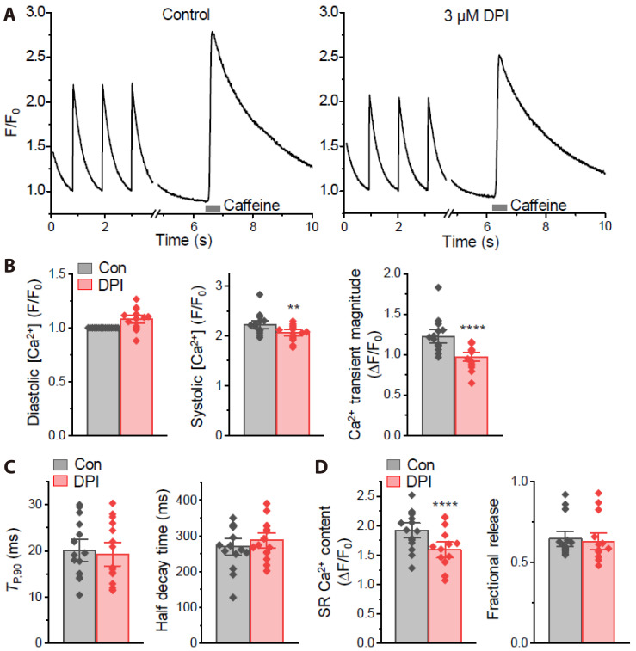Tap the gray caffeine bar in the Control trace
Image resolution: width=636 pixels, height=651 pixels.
coord(213,206)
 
